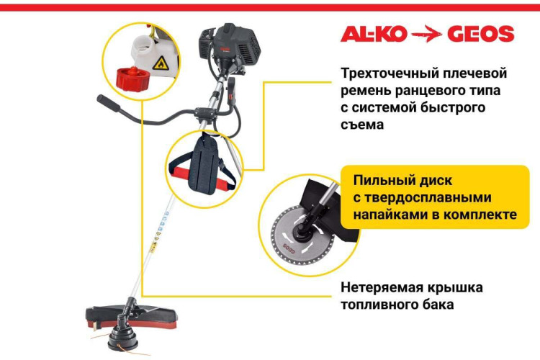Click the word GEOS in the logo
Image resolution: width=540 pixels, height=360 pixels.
coord(481,34)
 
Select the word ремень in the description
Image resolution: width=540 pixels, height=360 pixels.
coord(366,91)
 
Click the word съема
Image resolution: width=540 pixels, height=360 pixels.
coord(363,125)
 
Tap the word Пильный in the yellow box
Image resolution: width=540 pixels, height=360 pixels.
coord(384,180)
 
